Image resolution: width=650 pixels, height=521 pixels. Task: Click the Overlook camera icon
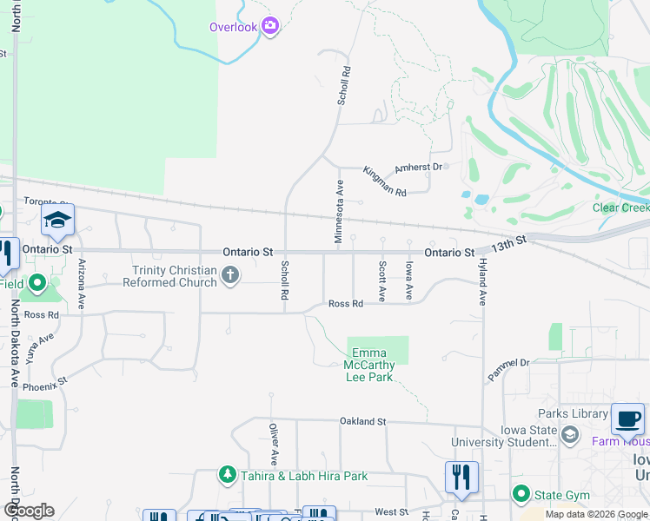click(270, 26)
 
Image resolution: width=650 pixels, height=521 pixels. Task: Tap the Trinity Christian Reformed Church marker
click(230, 276)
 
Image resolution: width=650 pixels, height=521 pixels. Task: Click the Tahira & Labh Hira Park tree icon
click(227, 475)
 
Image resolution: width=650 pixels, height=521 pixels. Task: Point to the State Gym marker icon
click(521, 495)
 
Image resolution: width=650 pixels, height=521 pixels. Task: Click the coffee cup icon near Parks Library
click(627, 419)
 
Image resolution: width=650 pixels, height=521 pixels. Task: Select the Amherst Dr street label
click(419, 167)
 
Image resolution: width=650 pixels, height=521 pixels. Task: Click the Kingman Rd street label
click(385, 180)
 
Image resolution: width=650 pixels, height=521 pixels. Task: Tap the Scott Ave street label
click(381, 281)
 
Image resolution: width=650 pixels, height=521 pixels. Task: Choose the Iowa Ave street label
click(409, 281)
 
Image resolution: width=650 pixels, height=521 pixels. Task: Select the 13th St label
click(508, 244)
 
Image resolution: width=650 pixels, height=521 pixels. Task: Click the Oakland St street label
click(362, 421)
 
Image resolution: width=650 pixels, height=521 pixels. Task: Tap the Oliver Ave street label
click(273, 445)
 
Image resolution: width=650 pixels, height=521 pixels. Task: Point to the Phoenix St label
click(45, 382)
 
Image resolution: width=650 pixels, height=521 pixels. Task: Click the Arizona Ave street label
click(82, 284)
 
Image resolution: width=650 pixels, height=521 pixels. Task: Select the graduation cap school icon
click(57, 221)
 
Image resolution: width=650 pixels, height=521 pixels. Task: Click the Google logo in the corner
click(28, 510)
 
